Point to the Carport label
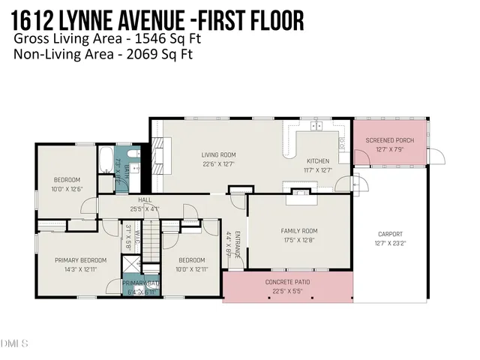390,234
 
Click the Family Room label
299,231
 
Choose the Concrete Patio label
287,282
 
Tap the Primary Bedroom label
80,260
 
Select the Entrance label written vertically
238,244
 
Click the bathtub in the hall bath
106,160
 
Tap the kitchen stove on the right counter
342,138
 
